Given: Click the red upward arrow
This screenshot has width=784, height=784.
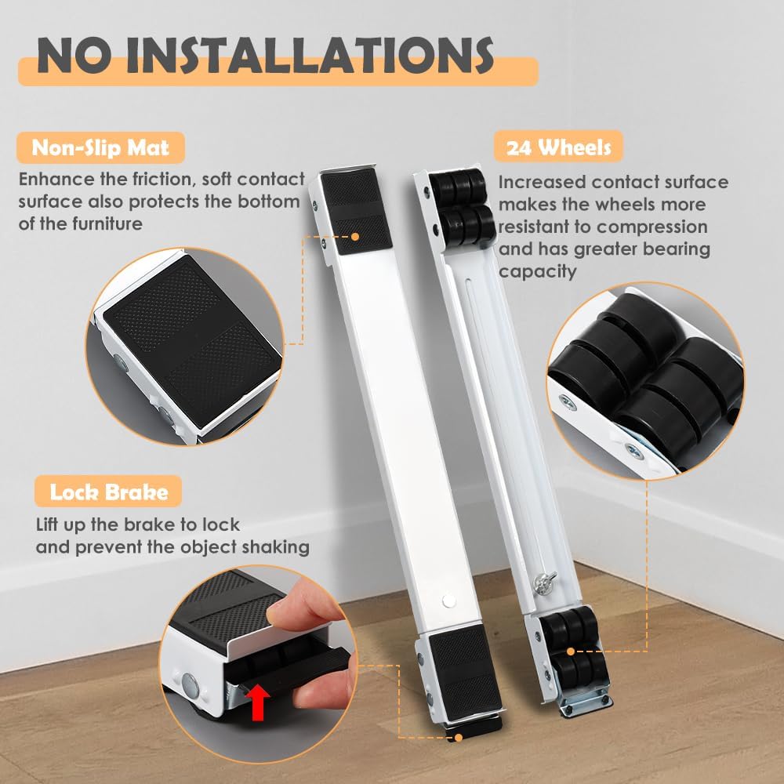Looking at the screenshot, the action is point(258,702).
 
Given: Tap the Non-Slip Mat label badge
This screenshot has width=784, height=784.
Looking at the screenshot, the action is point(100,147).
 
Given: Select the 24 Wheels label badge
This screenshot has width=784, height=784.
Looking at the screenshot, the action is point(558,147).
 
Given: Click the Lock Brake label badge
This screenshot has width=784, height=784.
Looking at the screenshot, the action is point(108,492).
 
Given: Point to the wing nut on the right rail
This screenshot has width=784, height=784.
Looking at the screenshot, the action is point(545,583).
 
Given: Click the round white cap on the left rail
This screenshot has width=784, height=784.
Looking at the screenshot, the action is point(449,601).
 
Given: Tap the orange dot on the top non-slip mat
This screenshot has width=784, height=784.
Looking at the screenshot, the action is point(355,237).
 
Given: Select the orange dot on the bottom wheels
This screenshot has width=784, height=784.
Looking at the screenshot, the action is point(571,651).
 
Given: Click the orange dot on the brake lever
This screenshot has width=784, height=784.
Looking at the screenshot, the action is point(459,737).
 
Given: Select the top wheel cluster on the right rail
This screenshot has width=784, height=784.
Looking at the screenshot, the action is point(462,207).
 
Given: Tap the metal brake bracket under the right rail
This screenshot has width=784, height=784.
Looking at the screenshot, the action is point(586,702).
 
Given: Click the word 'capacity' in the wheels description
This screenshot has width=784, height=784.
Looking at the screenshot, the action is point(538,271).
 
